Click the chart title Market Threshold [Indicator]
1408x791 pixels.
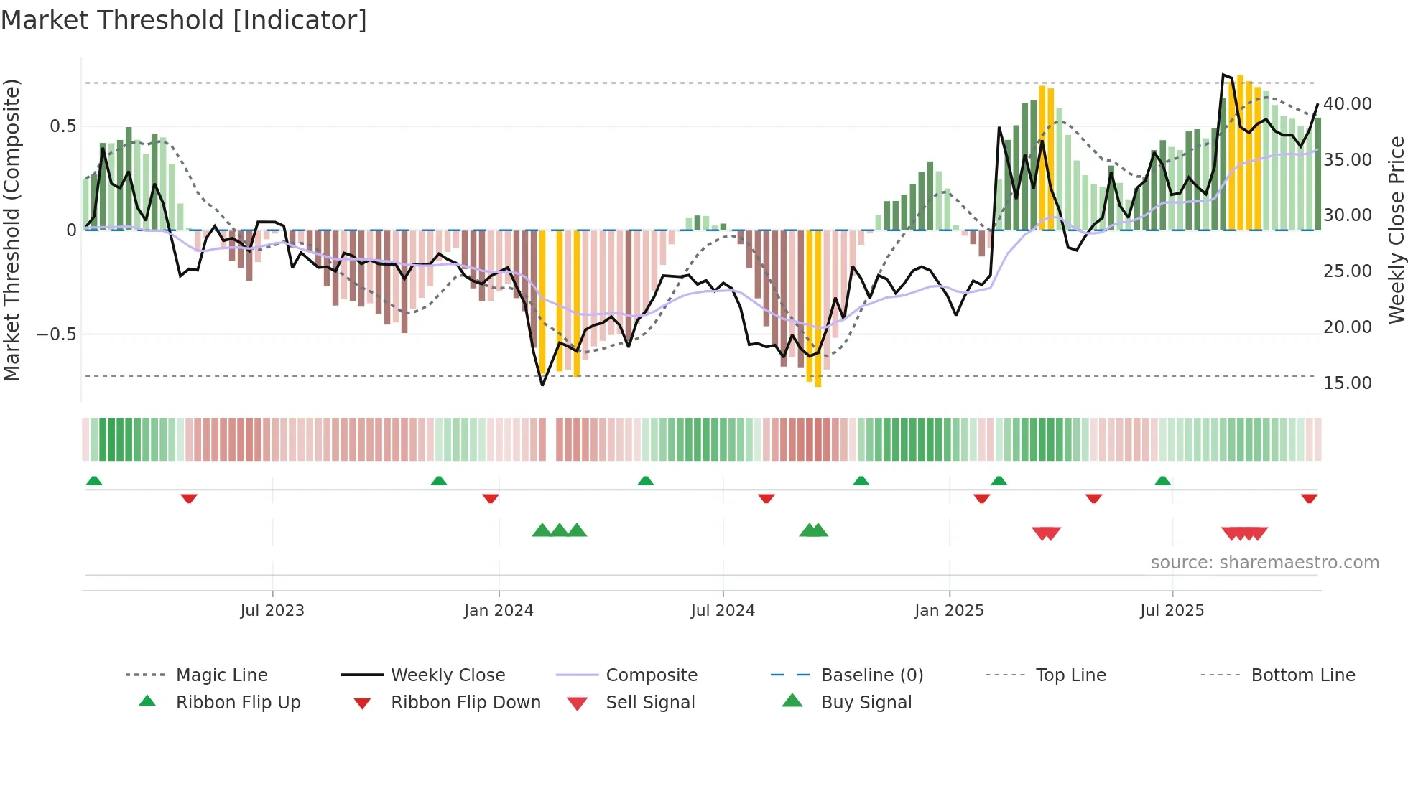[184, 20]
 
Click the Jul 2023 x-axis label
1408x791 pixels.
[272, 611]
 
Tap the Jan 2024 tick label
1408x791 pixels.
[499, 611]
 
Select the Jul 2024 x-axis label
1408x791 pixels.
[723, 611]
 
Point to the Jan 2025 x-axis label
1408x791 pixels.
[949, 611]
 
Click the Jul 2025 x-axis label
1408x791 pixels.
[1172, 611]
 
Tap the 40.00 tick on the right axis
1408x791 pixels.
[1348, 104]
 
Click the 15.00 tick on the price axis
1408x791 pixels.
[1348, 383]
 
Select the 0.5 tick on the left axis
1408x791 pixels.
[62, 126]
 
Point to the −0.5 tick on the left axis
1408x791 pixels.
[57, 334]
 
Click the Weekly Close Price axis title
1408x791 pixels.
[1396, 230]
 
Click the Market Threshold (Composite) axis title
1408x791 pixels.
[11, 230]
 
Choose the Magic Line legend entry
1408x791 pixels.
[221, 675]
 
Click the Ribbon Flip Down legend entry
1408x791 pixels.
[466, 703]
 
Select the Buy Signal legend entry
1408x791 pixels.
[866, 703]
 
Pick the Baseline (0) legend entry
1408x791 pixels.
[871, 675]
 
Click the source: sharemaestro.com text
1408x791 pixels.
[1264, 563]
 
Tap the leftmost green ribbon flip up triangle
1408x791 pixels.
[94, 481]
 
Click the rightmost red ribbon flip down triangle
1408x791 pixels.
[1309, 498]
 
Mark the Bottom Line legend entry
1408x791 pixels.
[1302, 675]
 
